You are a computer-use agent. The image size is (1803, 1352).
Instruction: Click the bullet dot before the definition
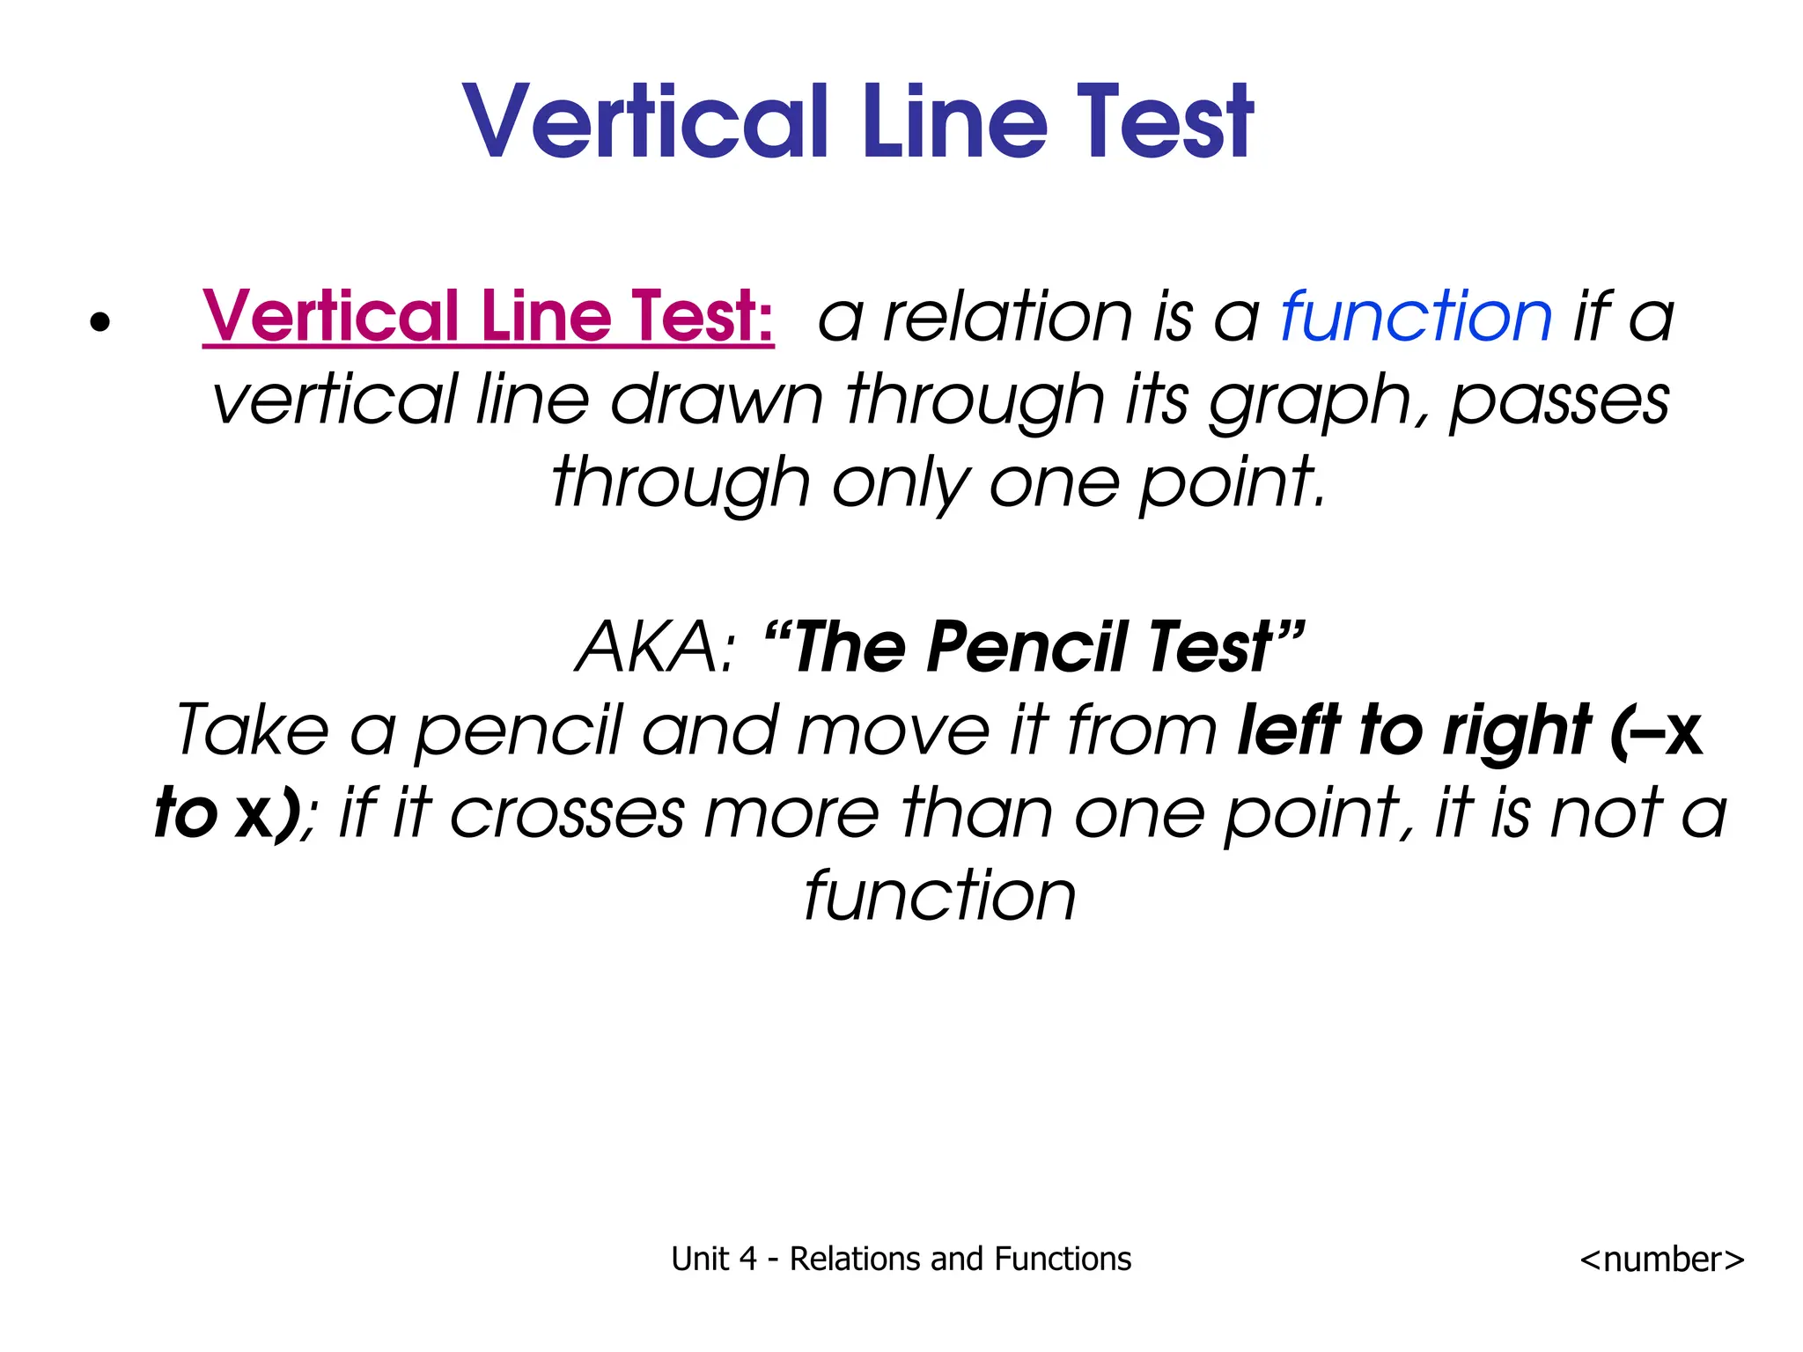[x=100, y=322]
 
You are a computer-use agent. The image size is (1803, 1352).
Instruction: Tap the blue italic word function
[x=1416, y=316]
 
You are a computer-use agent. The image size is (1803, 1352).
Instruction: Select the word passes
[x=1558, y=400]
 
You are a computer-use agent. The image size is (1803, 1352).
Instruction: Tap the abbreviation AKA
[x=652, y=647]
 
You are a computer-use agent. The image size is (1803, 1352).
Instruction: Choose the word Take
[x=252, y=730]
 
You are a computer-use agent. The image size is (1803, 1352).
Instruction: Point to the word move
[x=893, y=731]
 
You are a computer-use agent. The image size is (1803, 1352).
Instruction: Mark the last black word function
[x=939, y=895]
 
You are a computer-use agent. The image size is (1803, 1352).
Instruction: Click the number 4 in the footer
[x=747, y=1260]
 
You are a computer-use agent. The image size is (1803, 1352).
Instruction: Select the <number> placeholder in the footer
[x=1661, y=1260]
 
